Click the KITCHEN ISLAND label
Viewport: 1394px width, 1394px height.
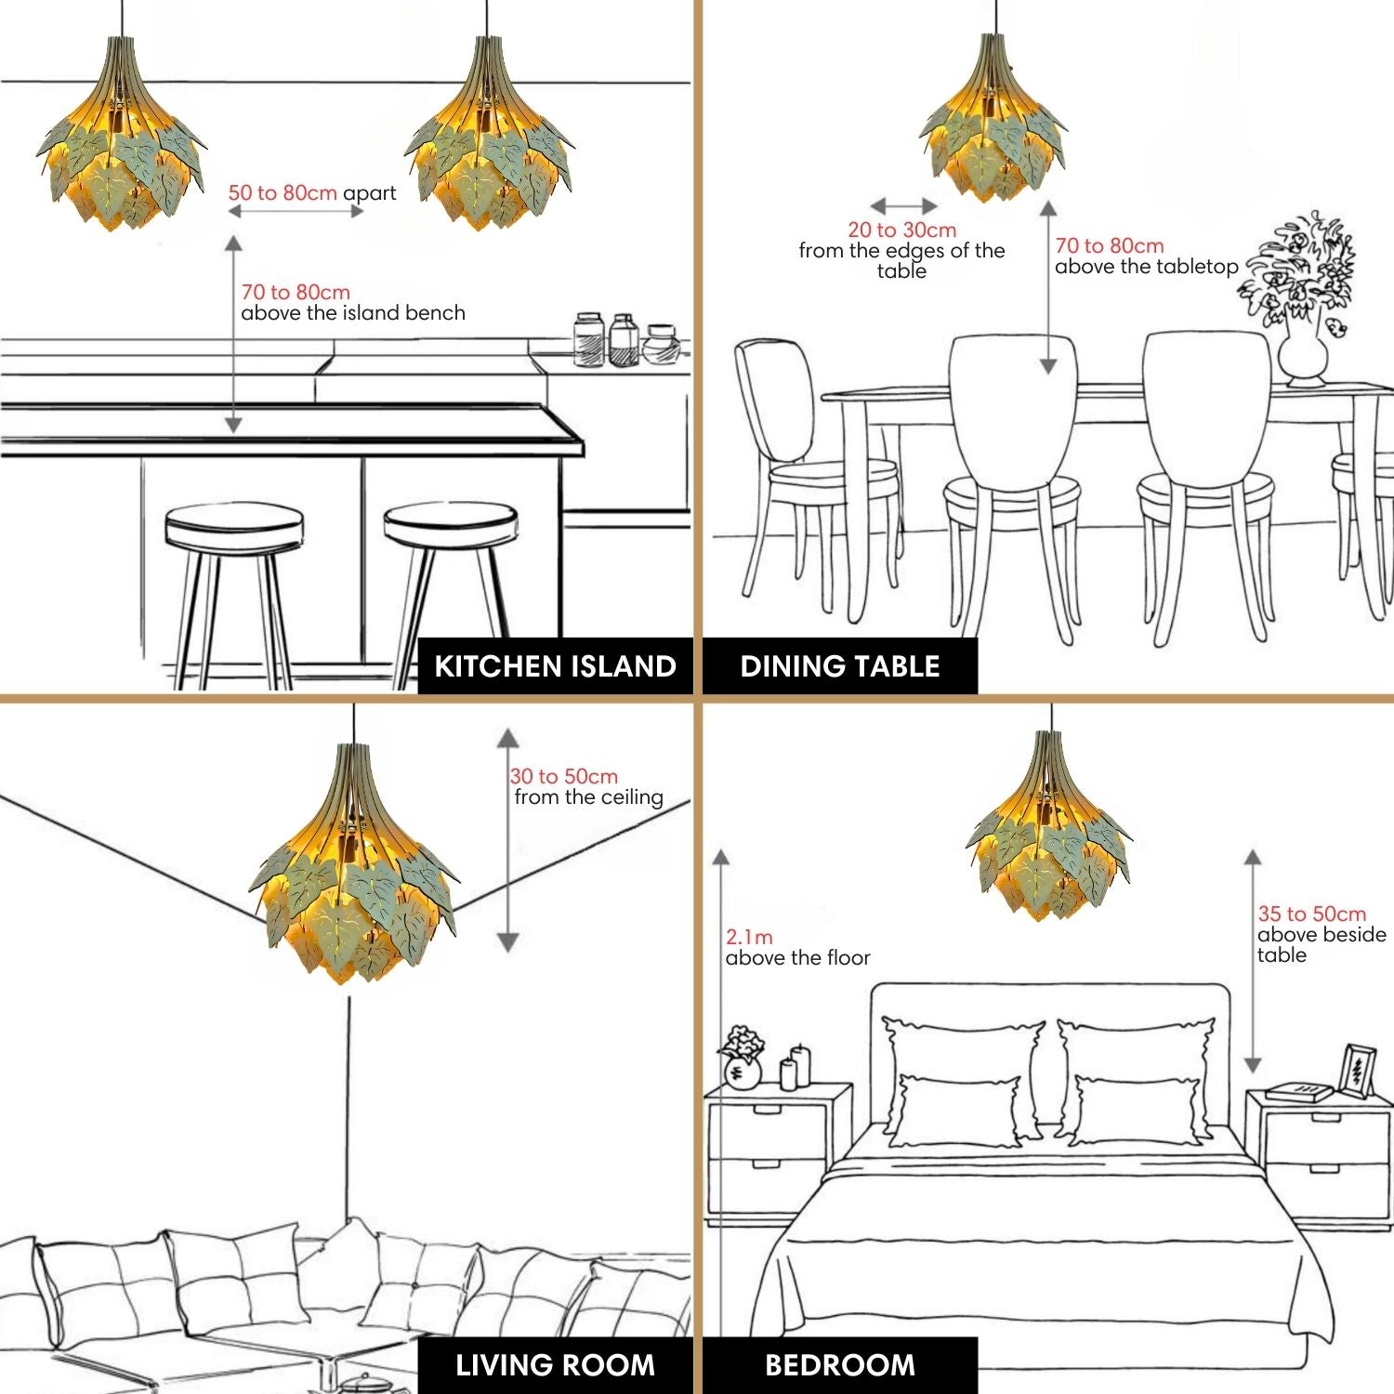[x=555, y=666]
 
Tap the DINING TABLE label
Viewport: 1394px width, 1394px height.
[x=840, y=666]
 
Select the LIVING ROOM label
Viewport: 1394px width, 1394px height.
[x=555, y=1365]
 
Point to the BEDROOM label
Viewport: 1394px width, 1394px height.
[x=840, y=1365]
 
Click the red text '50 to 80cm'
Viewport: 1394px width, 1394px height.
[x=283, y=193]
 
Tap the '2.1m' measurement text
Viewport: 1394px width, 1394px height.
[x=749, y=937]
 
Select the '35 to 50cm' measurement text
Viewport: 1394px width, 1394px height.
[x=1312, y=914]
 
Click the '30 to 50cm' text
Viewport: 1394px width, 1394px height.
[x=564, y=776]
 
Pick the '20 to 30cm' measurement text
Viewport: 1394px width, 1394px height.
[x=902, y=230]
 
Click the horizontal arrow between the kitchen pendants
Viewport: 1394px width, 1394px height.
[x=296, y=212]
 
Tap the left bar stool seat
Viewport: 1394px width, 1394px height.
[x=233, y=527]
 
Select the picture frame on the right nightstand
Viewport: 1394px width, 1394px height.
[x=1357, y=1071]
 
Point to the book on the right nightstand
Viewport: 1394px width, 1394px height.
[x=1299, y=1092]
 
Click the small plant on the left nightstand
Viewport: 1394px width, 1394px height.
[x=742, y=1057]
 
